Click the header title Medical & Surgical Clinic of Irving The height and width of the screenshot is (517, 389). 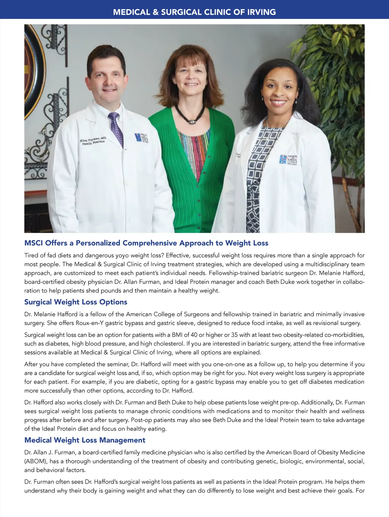pyautogui.click(x=194, y=12)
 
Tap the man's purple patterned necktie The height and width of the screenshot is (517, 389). pyautogui.click(x=116, y=129)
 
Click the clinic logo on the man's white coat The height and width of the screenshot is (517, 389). pyautogui.click(x=141, y=138)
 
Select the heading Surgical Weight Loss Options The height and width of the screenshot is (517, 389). pyautogui.click(x=76, y=302)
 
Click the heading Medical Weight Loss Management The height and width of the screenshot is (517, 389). pyautogui.click(x=85, y=440)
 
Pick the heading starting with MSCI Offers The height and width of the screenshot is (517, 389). pyautogui.click(x=146, y=243)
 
